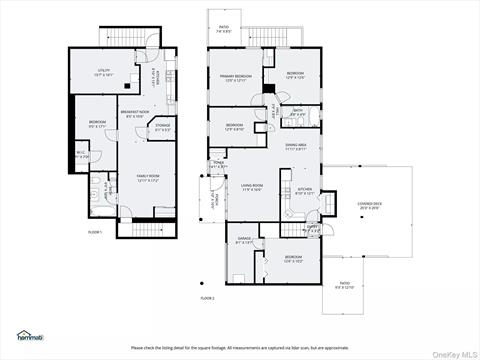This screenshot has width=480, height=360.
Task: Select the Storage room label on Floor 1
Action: [x=162, y=127]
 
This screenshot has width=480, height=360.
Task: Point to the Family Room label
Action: [x=148, y=178]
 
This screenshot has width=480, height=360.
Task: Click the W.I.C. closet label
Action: [x=82, y=155]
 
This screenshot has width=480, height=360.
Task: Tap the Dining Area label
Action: [x=295, y=146]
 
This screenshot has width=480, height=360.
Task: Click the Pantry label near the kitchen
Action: [x=313, y=228]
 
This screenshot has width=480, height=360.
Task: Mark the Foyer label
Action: [x=217, y=164]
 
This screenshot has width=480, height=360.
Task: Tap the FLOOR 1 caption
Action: [x=96, y=231]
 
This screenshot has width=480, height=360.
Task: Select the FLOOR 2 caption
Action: [x=207, y=297]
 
